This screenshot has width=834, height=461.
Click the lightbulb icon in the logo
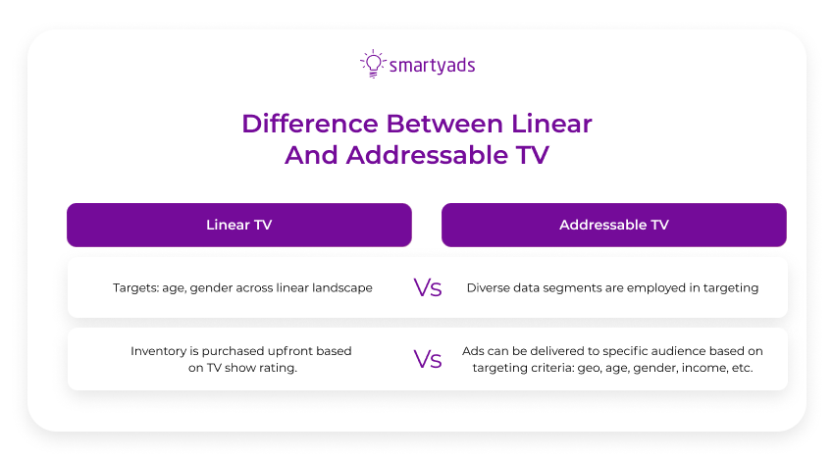[372, 64]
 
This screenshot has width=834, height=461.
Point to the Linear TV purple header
[238, 225]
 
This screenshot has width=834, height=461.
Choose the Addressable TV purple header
[613, 225]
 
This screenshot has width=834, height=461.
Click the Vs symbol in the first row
[427, 288]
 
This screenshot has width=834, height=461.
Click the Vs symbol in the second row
[427, 359]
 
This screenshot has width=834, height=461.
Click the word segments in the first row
[578, 288]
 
